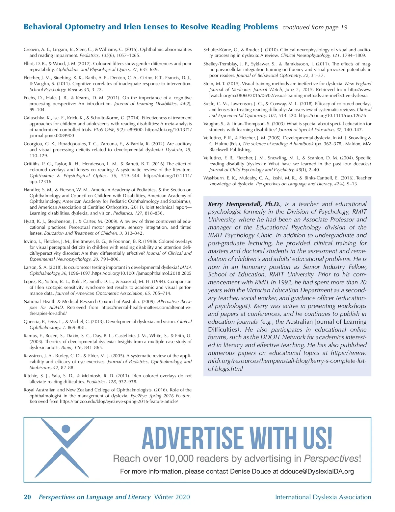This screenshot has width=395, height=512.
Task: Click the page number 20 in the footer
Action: point(27,497)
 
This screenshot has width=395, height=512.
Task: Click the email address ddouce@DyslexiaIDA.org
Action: point(317,471)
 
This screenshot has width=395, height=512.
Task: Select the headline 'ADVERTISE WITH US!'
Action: point(237,438)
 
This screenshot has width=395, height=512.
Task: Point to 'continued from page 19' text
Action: point(315,27)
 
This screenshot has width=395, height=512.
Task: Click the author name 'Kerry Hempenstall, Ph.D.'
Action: point(244,204)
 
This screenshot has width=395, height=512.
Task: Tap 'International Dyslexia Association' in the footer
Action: point(323,497)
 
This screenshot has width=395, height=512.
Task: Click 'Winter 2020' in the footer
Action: point(172,497)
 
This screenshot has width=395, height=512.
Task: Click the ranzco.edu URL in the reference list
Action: point(119,402)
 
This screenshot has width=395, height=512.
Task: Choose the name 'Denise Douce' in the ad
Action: point(250,471)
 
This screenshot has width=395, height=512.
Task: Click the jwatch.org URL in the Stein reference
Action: point(288,95)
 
